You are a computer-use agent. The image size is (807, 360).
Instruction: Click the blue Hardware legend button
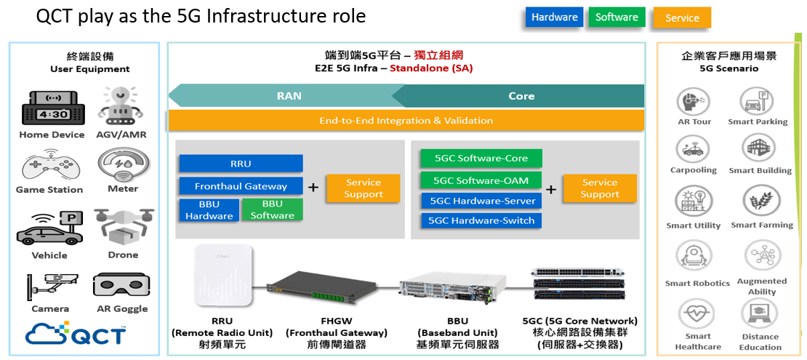click(554, 17)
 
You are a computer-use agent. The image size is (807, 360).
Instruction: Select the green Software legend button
click(617, 17)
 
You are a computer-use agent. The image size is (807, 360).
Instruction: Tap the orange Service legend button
click(682, 18)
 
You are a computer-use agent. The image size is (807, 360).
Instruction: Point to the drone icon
click(123, 226)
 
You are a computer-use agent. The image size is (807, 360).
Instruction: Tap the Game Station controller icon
click(49, 166)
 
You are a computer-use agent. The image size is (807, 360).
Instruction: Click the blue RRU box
click(241, 164)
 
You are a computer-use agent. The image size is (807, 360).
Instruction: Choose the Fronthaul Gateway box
click(241, 186)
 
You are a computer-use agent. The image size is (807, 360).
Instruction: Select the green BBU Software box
click(272, 209)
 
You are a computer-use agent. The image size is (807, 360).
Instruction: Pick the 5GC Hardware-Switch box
click(481, 220)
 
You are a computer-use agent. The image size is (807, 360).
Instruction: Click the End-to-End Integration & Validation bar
click(406, 121)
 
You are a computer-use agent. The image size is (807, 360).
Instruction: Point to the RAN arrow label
click(289, 96)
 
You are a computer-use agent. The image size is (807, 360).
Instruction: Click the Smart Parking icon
click(757, 101)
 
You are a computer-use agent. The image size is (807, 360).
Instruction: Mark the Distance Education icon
click(760, 313)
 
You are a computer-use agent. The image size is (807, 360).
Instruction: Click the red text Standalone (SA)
click(431, 68)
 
